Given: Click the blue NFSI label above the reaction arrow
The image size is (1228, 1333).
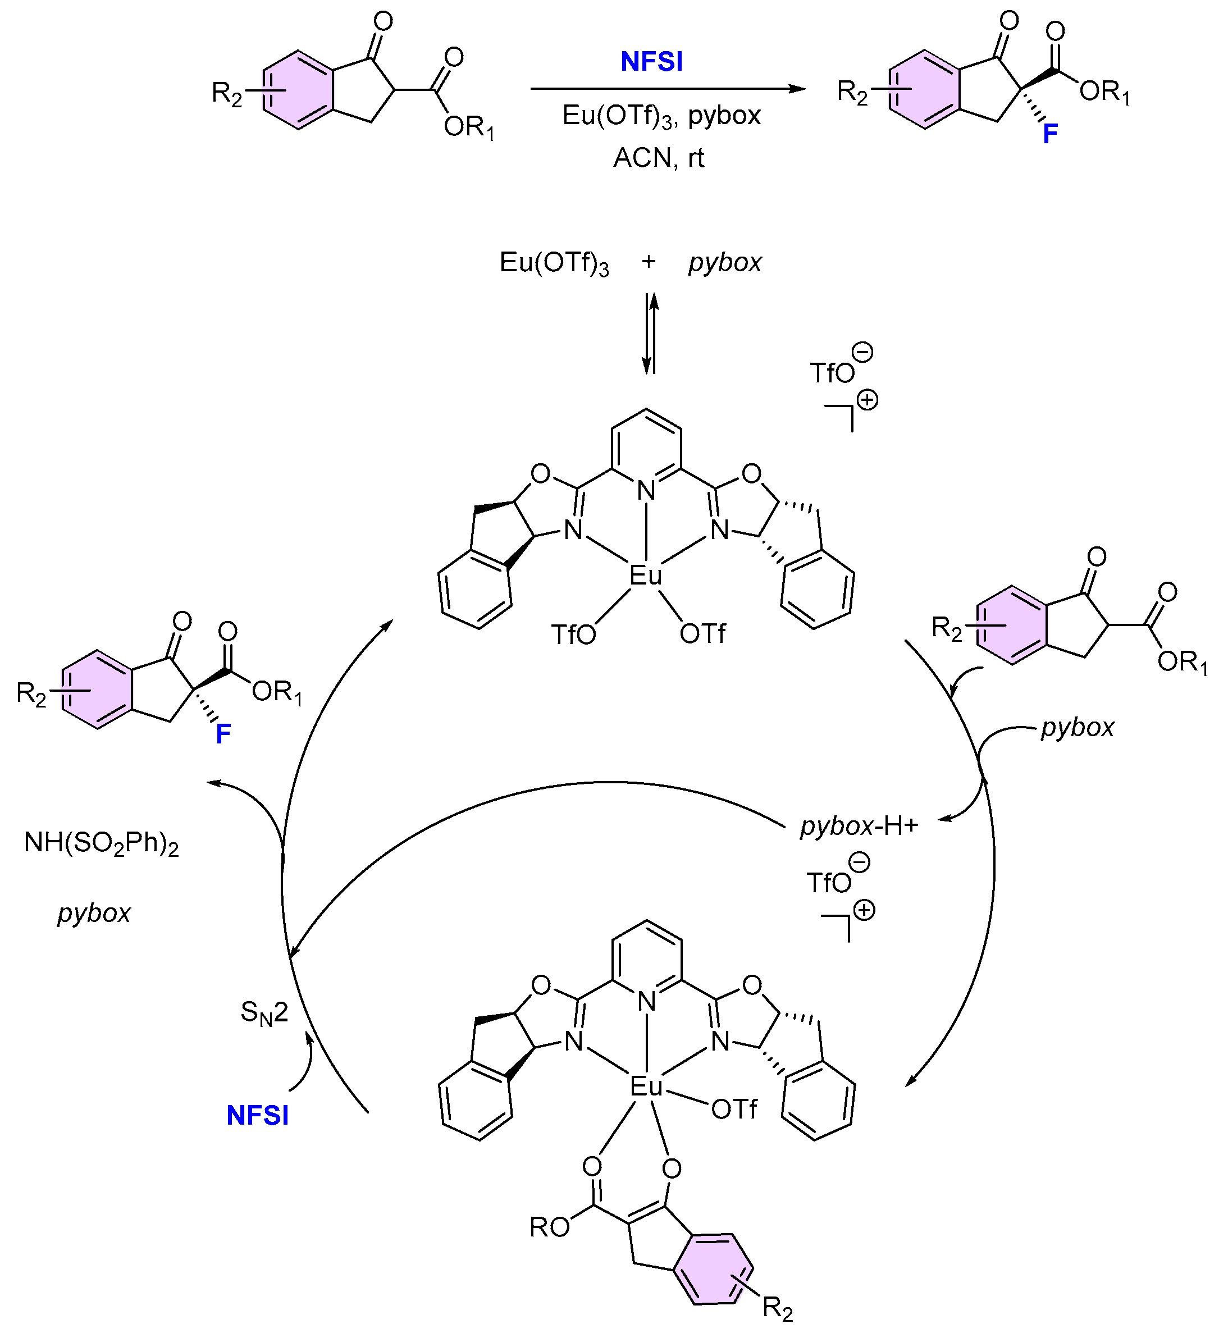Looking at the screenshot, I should coord(651,61).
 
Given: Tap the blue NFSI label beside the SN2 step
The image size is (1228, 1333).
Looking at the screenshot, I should coord(257,1115).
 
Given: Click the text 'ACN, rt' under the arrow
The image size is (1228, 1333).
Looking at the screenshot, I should coord(658,158).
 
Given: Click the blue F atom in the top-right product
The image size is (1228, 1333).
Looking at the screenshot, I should coord(1050,134).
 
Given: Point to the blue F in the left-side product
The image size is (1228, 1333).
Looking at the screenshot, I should coord(223,734).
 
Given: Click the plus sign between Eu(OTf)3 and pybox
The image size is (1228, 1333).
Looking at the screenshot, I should coord(649,262).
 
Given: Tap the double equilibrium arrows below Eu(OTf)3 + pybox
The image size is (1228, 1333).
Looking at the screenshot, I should coord(650,334).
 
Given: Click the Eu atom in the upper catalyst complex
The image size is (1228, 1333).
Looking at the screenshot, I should coord(645,576).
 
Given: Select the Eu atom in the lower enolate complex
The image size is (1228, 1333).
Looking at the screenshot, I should coord(645,1087).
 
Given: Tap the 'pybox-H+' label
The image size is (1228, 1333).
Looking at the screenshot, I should coord(859,826).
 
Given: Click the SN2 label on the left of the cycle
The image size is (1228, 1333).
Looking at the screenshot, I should coord(264,1013).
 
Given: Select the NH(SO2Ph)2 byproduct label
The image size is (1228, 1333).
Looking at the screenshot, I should coord(101,843).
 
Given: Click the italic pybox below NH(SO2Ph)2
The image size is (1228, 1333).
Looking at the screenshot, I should coord(94,913).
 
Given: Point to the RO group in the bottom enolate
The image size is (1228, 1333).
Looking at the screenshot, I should coord(549,1227).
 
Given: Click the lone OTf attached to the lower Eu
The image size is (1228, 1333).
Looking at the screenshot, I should coord(734,1109).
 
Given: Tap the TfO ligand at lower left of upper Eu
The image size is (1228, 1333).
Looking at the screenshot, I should coord(573,634).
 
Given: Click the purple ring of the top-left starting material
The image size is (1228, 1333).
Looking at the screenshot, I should coord(297,89).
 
